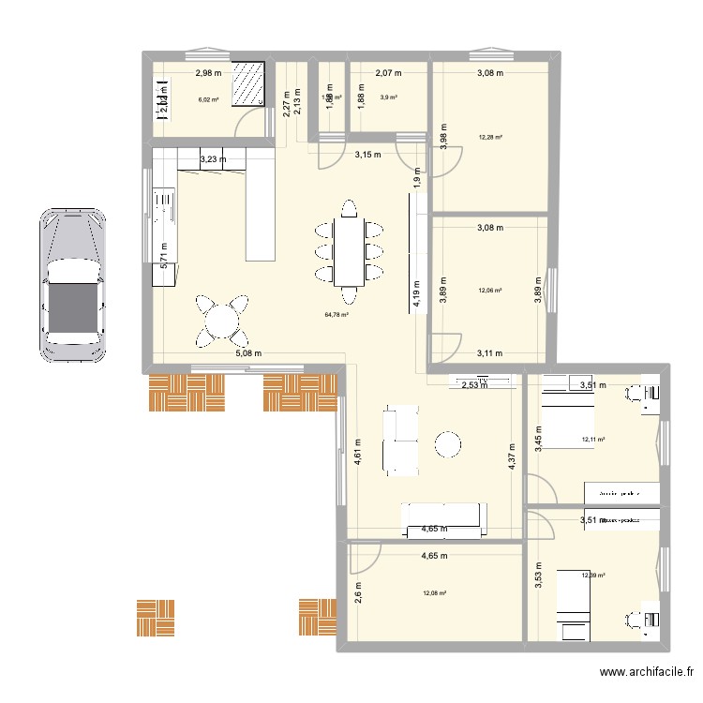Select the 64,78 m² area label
point(337,315)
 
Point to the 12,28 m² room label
point(490,138)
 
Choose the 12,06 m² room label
point(490,291)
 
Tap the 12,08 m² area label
point(434,592)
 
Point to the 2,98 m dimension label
point(208,72)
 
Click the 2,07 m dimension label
point(388,72)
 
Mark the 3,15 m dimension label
point(366,155)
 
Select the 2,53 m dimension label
point(473,384)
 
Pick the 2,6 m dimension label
point(357,592)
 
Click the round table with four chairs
point(223,322)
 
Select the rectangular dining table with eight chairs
point(349,251)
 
